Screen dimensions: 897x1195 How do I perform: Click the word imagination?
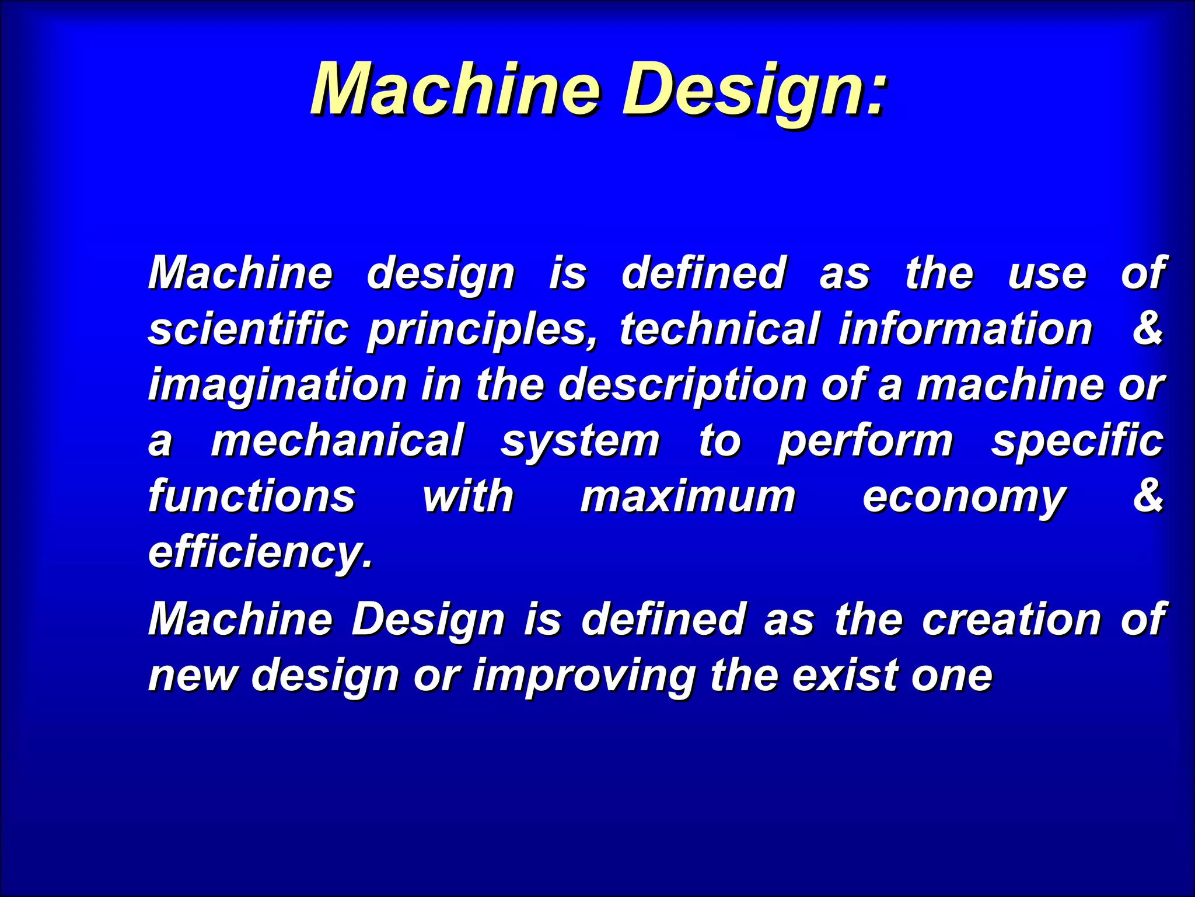click(277, 385)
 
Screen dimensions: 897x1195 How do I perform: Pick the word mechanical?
click(337, 441)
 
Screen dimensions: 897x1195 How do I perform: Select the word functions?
click(251, 497)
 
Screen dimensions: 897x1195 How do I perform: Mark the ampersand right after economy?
click(1147, 496)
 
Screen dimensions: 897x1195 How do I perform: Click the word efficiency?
click(260, 552)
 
